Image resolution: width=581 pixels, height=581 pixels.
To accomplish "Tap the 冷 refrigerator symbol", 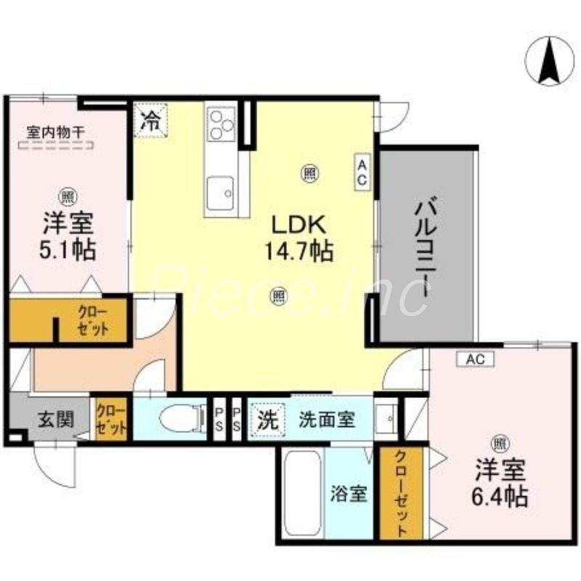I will [x=151, y=118].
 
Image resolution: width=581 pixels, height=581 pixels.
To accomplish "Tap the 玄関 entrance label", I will [x=54, y=419].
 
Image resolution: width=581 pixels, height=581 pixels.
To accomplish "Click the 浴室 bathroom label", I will [x=350, y=495].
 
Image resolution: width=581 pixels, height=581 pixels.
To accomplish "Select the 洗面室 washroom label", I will [x=327, y=419].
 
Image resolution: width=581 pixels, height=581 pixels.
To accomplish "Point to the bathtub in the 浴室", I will [x=301, y=494].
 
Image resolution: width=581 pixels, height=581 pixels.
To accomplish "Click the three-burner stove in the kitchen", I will [x=222, y=124].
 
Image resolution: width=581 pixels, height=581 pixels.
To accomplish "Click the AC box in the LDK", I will [x=361, y=172].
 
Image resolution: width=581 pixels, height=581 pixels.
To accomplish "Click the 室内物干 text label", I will [x=55, y=132].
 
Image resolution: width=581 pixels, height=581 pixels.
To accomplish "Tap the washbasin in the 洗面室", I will [x=387, y=418].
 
